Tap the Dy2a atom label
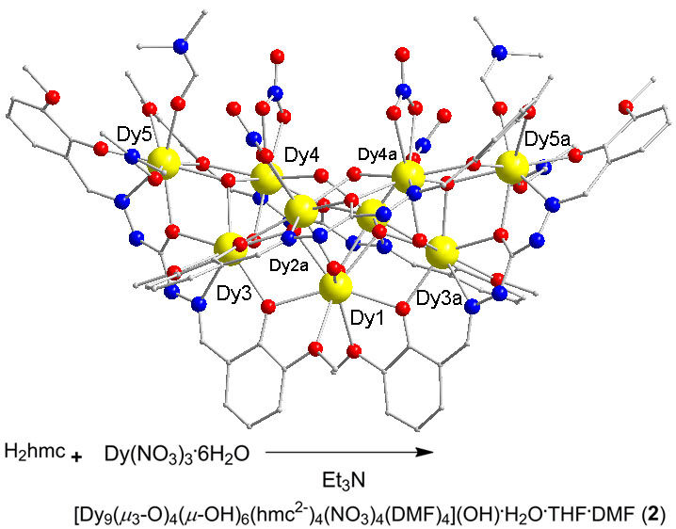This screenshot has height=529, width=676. (x=289, y=266)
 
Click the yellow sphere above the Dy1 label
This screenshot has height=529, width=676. (x=335, y=286)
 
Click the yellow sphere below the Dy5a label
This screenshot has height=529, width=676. (x=512, y=167)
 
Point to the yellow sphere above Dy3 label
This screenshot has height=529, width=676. (x=230, y=248)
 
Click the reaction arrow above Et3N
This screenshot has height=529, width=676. (x=349, y=453)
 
